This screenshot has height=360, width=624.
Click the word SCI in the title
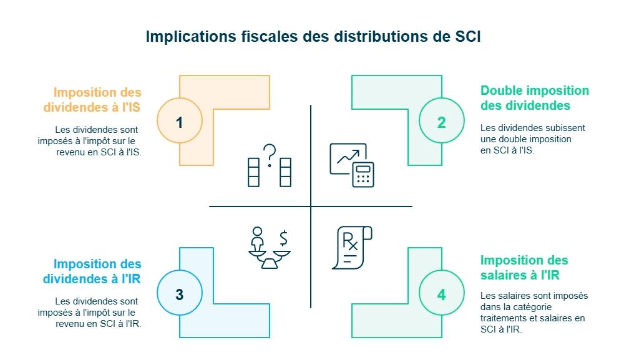464,36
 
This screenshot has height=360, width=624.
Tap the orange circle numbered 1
180,122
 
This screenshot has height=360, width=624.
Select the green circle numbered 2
442,122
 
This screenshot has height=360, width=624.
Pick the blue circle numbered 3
180,294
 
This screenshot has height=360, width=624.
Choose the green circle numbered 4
442,294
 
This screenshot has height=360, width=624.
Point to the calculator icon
363,174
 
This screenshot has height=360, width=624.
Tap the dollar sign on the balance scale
284,238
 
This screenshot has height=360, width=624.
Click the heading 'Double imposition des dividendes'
534,98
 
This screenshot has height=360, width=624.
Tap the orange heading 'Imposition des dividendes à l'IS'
92,100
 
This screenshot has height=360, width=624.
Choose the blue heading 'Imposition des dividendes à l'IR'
92,271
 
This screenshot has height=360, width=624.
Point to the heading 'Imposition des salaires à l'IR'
524,268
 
